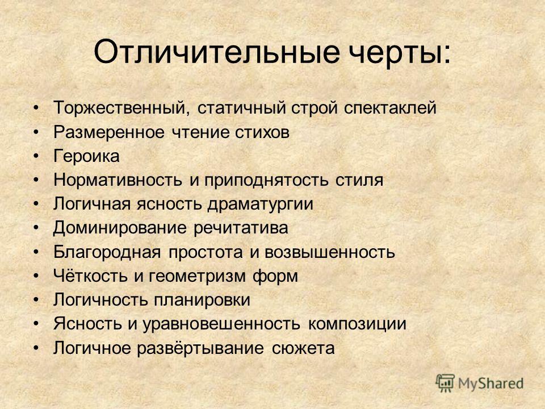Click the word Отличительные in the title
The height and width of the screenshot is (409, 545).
[216, 53]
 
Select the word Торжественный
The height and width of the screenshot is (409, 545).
[121, 108]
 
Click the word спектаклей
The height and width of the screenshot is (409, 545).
[390, 108]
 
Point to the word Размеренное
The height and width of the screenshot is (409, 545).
[108, 133]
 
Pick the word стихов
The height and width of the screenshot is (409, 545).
[262, 132]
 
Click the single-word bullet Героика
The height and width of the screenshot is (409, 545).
[86, 156]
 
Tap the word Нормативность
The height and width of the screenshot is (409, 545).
[118, 180]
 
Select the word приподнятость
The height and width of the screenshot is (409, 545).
[266, 181]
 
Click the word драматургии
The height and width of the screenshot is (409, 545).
[261, 204]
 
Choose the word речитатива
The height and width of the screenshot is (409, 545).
[241, 228]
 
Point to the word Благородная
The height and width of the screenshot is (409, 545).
[107, 252]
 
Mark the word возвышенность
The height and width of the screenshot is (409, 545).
[329, 252]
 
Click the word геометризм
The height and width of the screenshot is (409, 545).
[197, 277]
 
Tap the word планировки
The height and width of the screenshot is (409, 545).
[202, 301]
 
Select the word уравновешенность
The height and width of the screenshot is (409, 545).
[221, 324]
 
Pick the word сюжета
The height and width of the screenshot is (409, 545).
[303, 348]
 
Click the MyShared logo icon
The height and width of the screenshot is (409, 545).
[445, 383]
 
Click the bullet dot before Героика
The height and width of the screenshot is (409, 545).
[36, 156]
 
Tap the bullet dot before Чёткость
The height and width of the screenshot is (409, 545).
[36, 276]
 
